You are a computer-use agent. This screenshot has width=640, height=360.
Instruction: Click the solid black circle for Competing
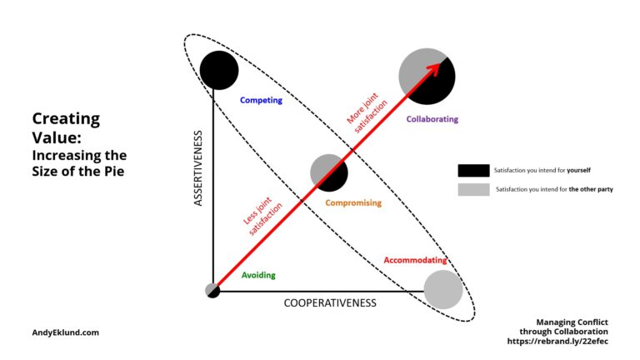tap(219, 70)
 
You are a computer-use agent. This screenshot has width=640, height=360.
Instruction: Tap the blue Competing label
tap(261, 100)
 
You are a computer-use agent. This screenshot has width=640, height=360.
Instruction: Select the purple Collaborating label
tap(432, 119)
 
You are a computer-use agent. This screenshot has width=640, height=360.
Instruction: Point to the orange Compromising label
tap(353, 202)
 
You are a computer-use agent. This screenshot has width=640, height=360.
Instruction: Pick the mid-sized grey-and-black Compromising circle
tap(329, 172)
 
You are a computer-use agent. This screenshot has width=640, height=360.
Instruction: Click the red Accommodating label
tap(415, 260)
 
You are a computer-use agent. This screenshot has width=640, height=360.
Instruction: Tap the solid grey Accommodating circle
tap(443, 289)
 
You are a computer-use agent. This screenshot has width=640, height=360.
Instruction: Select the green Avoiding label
tap(258, 275)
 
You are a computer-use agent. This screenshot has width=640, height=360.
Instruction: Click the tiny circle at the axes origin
tap(212, 291)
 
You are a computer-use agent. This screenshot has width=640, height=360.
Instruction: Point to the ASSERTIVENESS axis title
tap(198, 168)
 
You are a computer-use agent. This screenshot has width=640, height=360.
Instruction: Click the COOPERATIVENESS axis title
tap(330, 302)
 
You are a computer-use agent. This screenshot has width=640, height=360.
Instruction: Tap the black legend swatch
tap(473, 171)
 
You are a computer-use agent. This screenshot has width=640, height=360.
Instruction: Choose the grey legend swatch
tap(473, 189)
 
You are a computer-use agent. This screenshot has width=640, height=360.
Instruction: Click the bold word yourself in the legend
tap(578, 170)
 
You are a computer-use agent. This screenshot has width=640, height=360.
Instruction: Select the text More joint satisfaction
tap(367, 112)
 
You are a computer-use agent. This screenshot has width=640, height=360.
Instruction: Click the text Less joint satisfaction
tap(262, 217)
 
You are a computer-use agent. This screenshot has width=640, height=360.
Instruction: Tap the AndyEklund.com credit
tap(65, 332)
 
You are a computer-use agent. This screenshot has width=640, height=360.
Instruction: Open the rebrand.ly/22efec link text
tap(557, 341)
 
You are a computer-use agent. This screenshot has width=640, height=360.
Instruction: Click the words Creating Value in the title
tap(66, 127)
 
